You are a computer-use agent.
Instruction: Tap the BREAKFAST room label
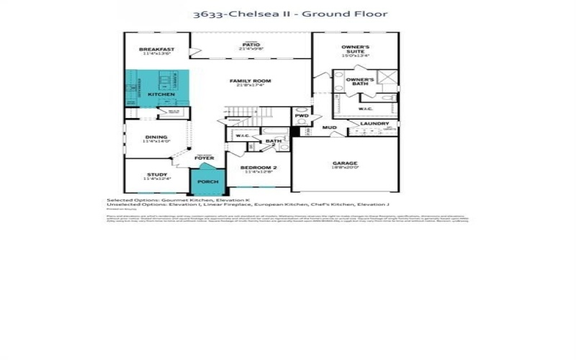156,49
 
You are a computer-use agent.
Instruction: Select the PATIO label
250,45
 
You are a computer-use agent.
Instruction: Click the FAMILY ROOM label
250,81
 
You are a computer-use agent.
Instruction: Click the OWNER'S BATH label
359,81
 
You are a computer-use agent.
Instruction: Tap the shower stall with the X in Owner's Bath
387,78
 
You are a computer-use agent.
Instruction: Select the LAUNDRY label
374,123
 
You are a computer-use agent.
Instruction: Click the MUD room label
329,127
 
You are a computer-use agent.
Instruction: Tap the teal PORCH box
207,181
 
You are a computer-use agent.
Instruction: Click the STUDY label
156,174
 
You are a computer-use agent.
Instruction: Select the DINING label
156,137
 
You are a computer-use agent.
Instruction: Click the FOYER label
204,158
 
